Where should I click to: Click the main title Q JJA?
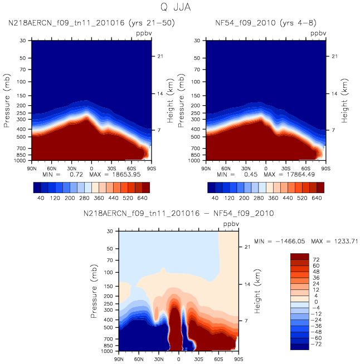tap(176, 7)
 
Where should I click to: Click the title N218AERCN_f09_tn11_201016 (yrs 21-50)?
tap(91, 23)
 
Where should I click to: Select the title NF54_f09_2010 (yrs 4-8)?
tap(266, 23)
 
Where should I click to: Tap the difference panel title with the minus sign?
tap(178, 213)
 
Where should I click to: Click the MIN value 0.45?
tap(251, 174)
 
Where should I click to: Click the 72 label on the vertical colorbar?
tap(316, 259)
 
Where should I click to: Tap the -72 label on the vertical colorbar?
tap(316, 344)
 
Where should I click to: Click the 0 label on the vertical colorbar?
tap(316, 302)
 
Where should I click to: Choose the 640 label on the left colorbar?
tap(142, 198)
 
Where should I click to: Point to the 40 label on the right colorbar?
tap(215, 198)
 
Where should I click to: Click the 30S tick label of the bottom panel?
tap(198, 359)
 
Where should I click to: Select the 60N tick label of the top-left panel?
tap(52, 169)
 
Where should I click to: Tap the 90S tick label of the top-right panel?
tap(325, 169)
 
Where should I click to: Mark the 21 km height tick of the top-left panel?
tap(160, 56)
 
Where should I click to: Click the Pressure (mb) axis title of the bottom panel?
tap(94, 291)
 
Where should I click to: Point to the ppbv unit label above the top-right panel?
tap(318, 33)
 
